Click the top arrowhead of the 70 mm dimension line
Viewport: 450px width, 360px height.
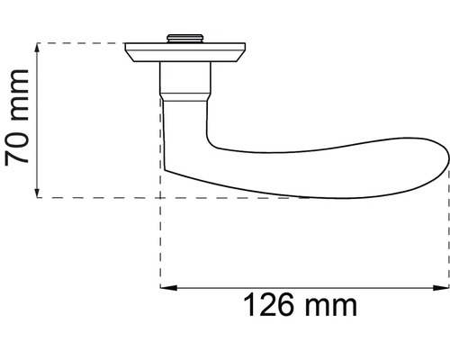click(x=36, y=48)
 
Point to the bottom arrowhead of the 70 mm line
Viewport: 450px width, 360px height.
click(x=36, y=192)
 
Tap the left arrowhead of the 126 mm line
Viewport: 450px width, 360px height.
click(x=166, y=288)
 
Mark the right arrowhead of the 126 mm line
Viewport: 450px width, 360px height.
click(x=442, y=288)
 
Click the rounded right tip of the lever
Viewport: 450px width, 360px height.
click(x=445, y=163)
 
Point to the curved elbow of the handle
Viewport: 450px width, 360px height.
click(x=193, y=135)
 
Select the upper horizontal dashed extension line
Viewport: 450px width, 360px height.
click(x=81, y=42)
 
